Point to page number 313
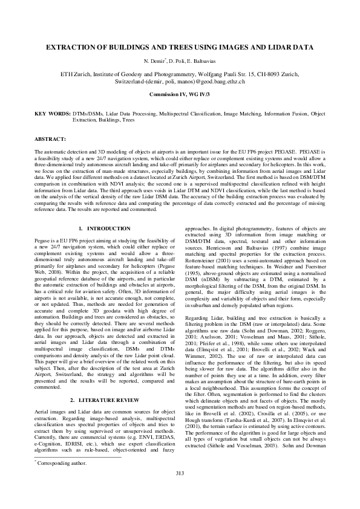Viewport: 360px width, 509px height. [180, 489]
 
